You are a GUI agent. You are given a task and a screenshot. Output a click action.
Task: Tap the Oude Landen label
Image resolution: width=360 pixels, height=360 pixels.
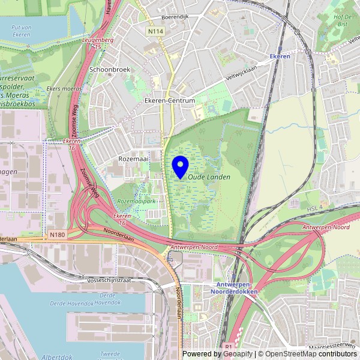(209, 177)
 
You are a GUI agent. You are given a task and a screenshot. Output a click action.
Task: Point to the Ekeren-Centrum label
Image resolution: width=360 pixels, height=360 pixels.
(170, 101)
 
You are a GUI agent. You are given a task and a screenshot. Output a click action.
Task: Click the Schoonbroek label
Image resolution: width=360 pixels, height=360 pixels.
(110, 70)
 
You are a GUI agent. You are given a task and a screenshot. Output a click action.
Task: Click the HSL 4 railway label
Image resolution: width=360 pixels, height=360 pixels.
(314, 208)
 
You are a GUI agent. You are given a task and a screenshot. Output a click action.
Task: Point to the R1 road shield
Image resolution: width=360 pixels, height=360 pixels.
(229, 346)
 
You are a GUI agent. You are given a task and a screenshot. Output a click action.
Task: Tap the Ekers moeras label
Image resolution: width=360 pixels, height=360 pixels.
(64, 89)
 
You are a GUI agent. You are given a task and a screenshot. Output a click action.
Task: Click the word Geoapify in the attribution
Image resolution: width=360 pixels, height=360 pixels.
(238, 354)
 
